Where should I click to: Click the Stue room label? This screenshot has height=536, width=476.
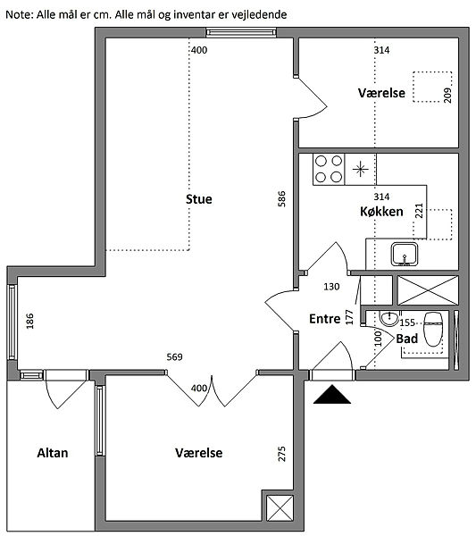tap(199, 199)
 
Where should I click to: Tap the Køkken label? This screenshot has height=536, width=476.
tap(381, 212)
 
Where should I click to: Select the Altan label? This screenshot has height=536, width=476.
tap(53, 453)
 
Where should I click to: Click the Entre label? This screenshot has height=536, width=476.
tap(324, 319)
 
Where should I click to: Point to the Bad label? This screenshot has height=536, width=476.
tap(407, 339)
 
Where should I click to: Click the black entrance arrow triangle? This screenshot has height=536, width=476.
tap(332, 397)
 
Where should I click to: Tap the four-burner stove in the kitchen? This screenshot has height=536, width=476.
tap(329, 169)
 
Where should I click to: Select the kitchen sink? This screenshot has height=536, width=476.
tap(405, 254)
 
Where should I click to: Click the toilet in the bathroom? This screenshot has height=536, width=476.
tap(433, 329)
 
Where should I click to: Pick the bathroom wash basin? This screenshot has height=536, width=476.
tap(388, 318)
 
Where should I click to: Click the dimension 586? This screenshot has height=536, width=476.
tap(281, 198)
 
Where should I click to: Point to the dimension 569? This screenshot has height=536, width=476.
tap(174, 356)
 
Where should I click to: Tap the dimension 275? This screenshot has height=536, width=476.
tap(281, 454)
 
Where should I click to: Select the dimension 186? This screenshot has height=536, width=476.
tap(29, 321)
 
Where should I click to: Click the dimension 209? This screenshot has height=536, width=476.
tap(447, 96)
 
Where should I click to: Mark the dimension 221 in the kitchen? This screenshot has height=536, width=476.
tap(419, 211)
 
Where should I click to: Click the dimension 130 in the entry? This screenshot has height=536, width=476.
tap(331, 287)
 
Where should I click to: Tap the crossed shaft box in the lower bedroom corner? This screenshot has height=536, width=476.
tap(280, 508)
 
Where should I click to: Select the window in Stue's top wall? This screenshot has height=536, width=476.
tap(241, 32)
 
